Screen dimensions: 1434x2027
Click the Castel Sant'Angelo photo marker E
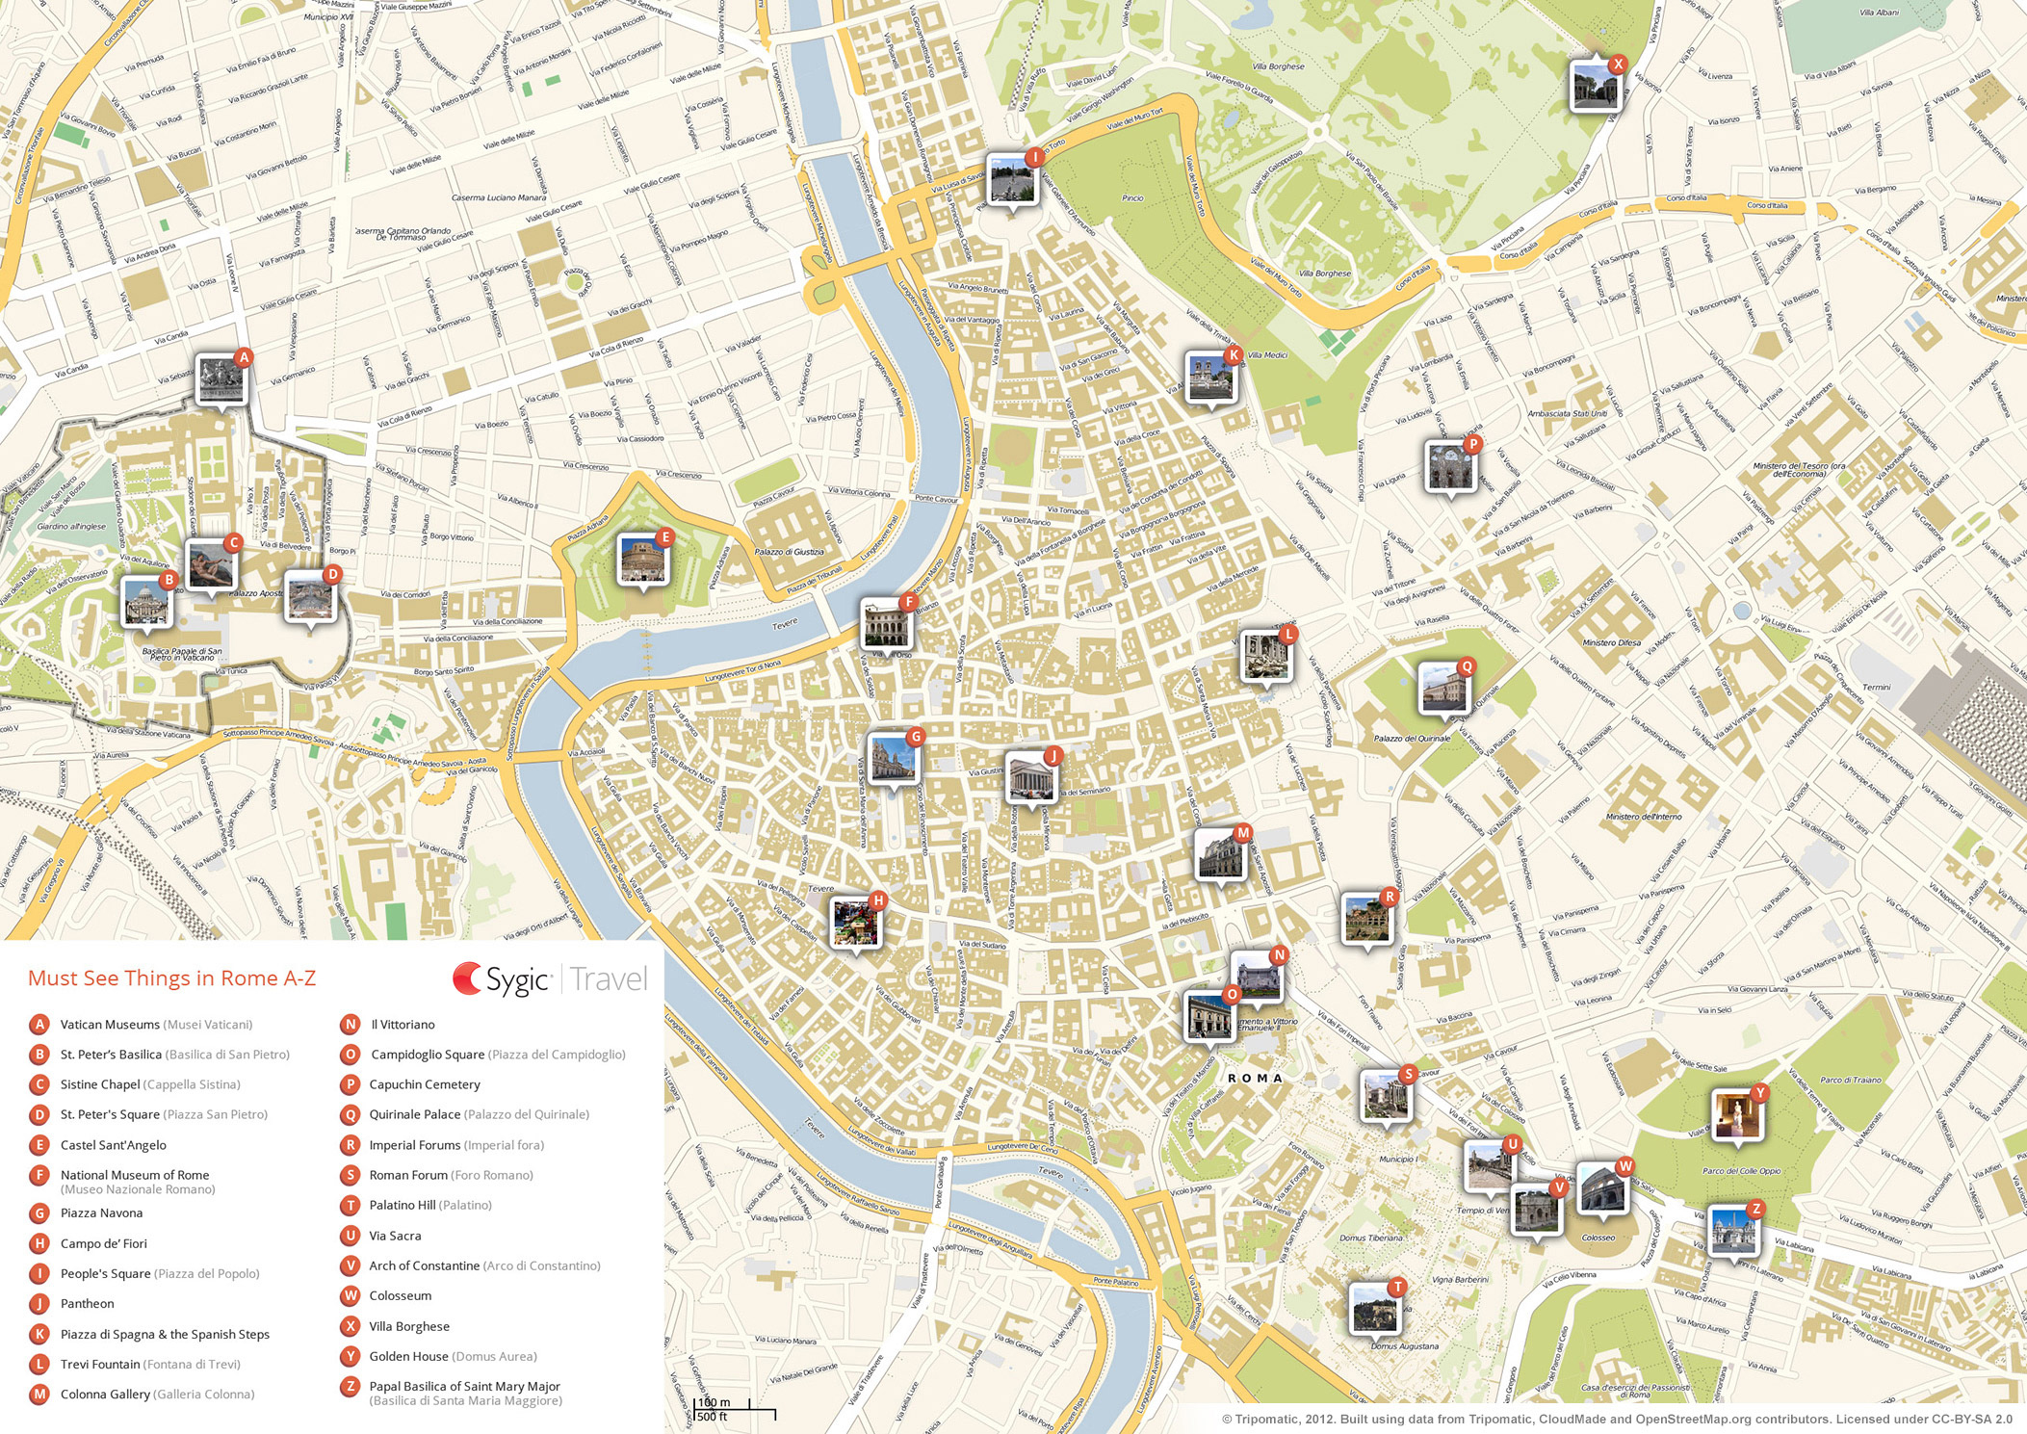coord(642,560)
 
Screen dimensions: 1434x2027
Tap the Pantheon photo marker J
coord(1030,777)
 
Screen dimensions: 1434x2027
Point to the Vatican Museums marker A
coord(221,379)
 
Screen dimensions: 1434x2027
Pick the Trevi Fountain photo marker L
coord(1265,657)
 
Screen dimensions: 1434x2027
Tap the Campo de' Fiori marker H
coord(855,923)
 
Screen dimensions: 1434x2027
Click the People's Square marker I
coord(1011,179)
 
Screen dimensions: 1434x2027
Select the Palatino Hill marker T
coord(1374,1309)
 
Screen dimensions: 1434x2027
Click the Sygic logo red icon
coord(467,979)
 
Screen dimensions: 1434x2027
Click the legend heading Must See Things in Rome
coord(171,978)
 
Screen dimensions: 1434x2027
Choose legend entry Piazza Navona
coord(101,1213)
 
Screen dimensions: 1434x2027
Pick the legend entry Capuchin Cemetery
coord(424,1084)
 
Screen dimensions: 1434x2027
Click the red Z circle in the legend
coord(351,1387)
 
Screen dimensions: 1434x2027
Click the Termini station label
coord(1876,687)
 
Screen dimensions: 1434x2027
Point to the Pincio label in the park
coord(1132,197)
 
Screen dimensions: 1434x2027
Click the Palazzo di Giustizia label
coord(789,552)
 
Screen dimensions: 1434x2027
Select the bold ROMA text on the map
coord(1255,1078)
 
